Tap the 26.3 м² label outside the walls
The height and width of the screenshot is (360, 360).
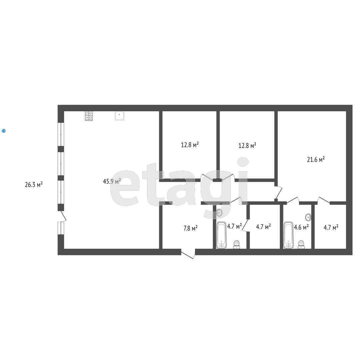(x=34, y=184)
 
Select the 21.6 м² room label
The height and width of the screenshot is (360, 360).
(x=316, y=160)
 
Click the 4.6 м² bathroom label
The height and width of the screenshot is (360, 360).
(x=301, y=227)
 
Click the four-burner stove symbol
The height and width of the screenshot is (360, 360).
(x=89, y=115)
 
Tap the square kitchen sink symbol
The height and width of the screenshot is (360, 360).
(x=119, y=115)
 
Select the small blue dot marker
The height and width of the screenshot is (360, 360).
(x=4, y=131)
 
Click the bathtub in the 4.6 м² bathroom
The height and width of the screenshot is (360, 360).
(x=288, y=235)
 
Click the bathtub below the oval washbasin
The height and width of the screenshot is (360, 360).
(x=221, y=235)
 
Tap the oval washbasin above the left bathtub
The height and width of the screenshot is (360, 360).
(x=219, y=212)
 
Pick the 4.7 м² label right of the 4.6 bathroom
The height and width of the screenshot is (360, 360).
(x=331, y=227)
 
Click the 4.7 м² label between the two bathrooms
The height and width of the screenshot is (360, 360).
(x=263, y=227)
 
